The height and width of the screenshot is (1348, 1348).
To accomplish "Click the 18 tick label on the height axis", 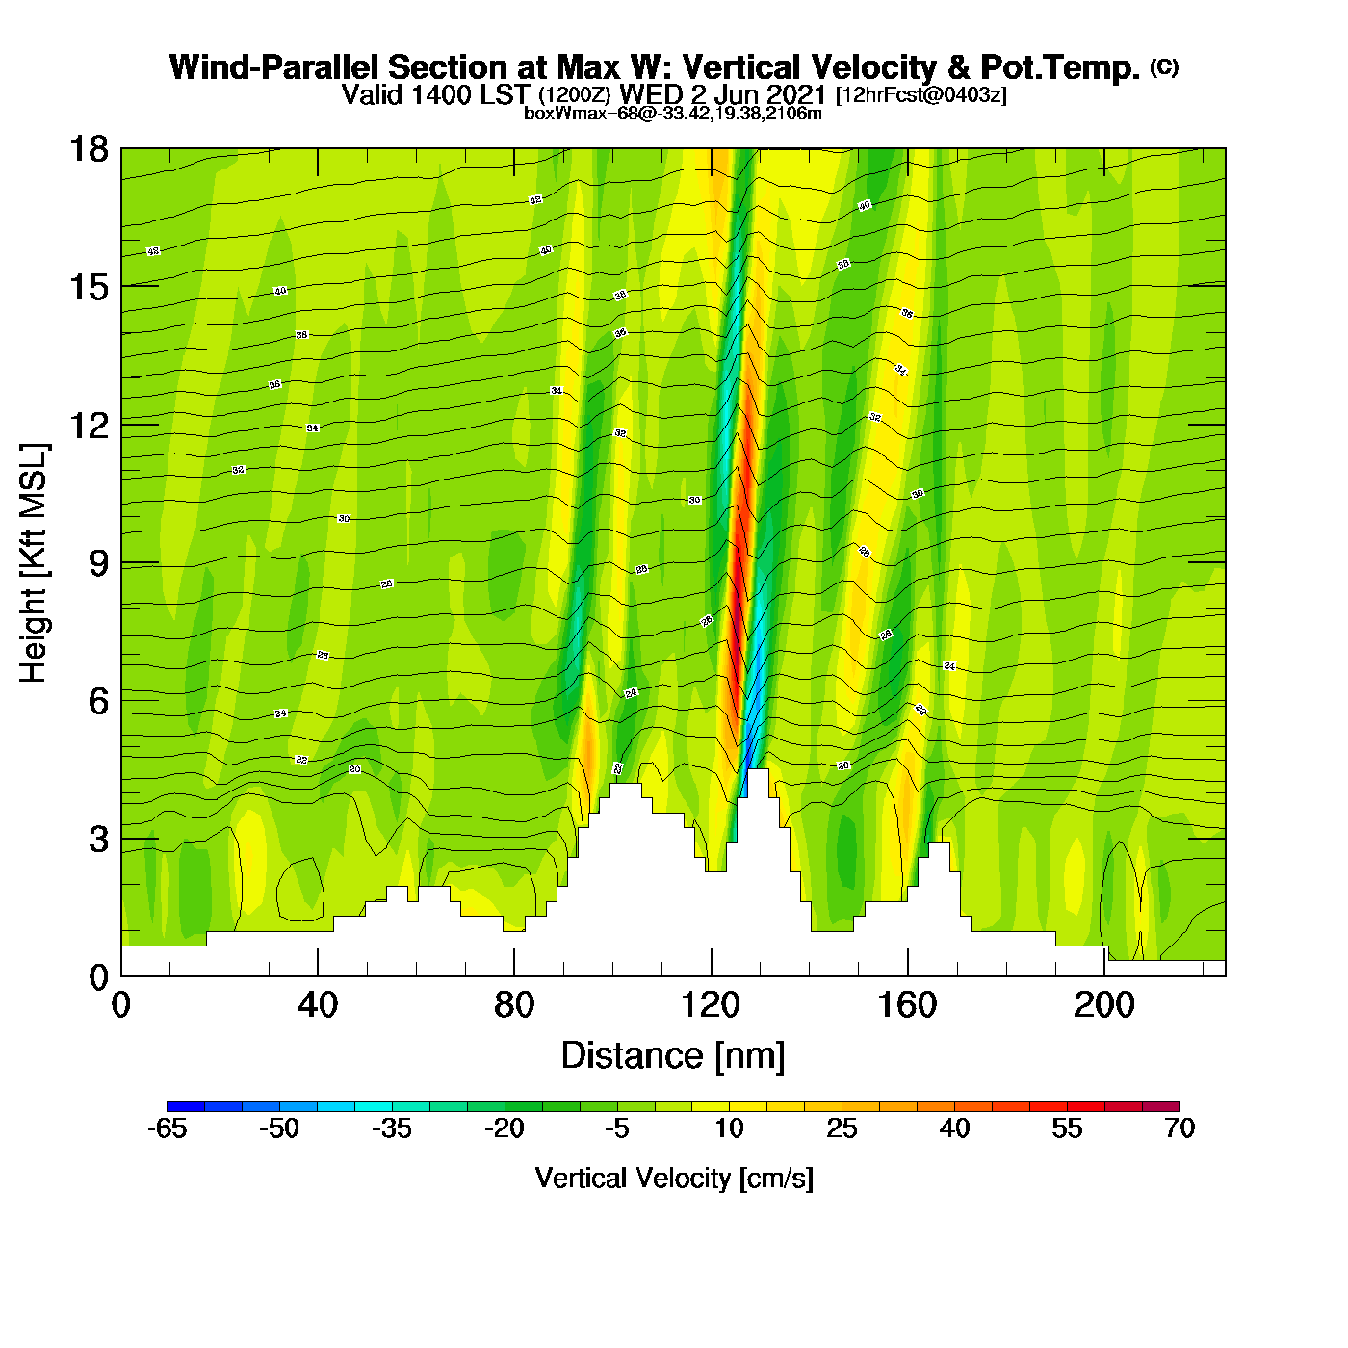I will click(x=88, y=149).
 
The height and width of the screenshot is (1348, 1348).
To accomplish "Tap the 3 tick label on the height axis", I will click(x=98, y=840).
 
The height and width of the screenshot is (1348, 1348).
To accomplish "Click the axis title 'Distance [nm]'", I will click(x=673, y=1056).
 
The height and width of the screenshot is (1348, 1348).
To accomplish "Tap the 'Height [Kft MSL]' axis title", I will click(x=35, y=563).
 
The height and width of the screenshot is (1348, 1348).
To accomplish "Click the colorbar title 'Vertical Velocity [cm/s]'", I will click(x=674, y=1178).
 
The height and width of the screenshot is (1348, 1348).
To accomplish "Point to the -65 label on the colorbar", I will click(x=167, y=1128).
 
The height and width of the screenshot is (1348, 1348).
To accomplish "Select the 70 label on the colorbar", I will click(x=1179, y=1128).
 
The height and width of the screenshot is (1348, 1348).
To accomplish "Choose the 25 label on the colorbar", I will click(x=842, y=1128).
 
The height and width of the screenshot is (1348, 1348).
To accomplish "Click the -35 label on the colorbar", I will click(x=392, y=1128).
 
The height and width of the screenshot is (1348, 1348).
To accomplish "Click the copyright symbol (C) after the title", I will click(x=1164, y=66).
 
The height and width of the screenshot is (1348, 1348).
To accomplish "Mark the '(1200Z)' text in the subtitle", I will click(x=574, y=95).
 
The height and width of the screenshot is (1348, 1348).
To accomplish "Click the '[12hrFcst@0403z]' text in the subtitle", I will click(x=921, y=95).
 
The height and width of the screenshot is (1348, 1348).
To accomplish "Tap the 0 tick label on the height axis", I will click(x=98, y=977).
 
